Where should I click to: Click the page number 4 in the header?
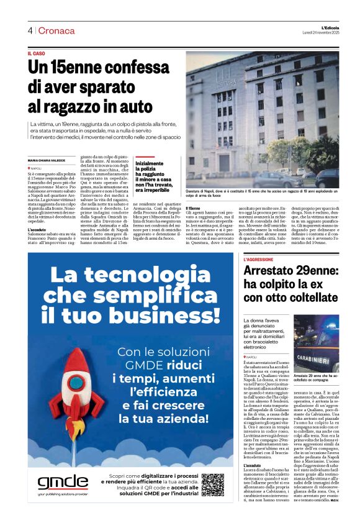29,30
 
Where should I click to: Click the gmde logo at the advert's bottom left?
62,482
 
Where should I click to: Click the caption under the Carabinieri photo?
315,378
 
